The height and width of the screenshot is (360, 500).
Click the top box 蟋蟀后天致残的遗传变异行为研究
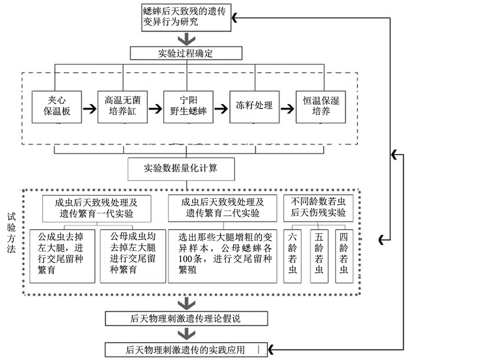click(187, 17)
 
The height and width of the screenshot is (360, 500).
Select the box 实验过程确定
click(187, 53)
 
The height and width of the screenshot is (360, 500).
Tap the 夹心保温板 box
click(56, 106)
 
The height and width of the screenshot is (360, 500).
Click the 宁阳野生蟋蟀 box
click(188, 106)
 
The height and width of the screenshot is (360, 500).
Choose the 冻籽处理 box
click(254, 105)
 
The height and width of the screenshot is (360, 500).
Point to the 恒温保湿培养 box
click(321, 106)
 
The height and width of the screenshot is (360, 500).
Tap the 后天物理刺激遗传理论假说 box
click(187, 318)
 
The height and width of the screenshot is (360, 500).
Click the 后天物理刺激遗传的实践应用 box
click(187, 349)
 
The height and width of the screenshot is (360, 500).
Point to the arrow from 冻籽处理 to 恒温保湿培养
click(287, 106)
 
